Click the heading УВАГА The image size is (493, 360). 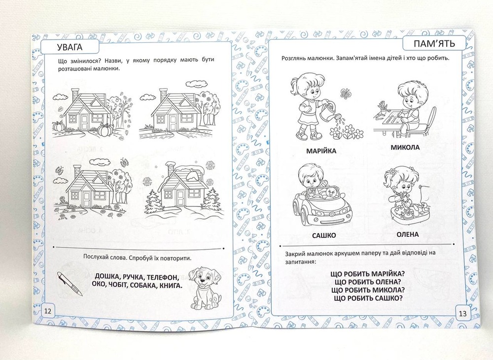(x=70, y=47)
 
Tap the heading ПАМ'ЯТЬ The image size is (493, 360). (x=434, y=43)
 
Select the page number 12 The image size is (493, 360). (x=48, y=311)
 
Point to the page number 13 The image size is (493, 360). (x=463, y=314)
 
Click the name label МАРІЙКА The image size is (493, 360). (x=321, y=151)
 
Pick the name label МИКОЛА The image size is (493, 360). (x=405, y=147)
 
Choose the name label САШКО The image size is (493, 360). (x=324, y=235)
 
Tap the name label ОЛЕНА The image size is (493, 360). (x=408, y=234)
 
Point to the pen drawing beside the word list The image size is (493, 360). (x=70, y=284)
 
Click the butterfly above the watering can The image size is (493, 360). (x=345, y=93)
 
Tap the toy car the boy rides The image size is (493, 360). (x=322, y=204)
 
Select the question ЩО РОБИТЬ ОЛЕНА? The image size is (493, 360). (x=368, y=282)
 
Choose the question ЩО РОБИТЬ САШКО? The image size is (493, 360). (x=368, y=298)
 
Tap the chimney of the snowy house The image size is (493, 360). (x=171, y=169)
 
